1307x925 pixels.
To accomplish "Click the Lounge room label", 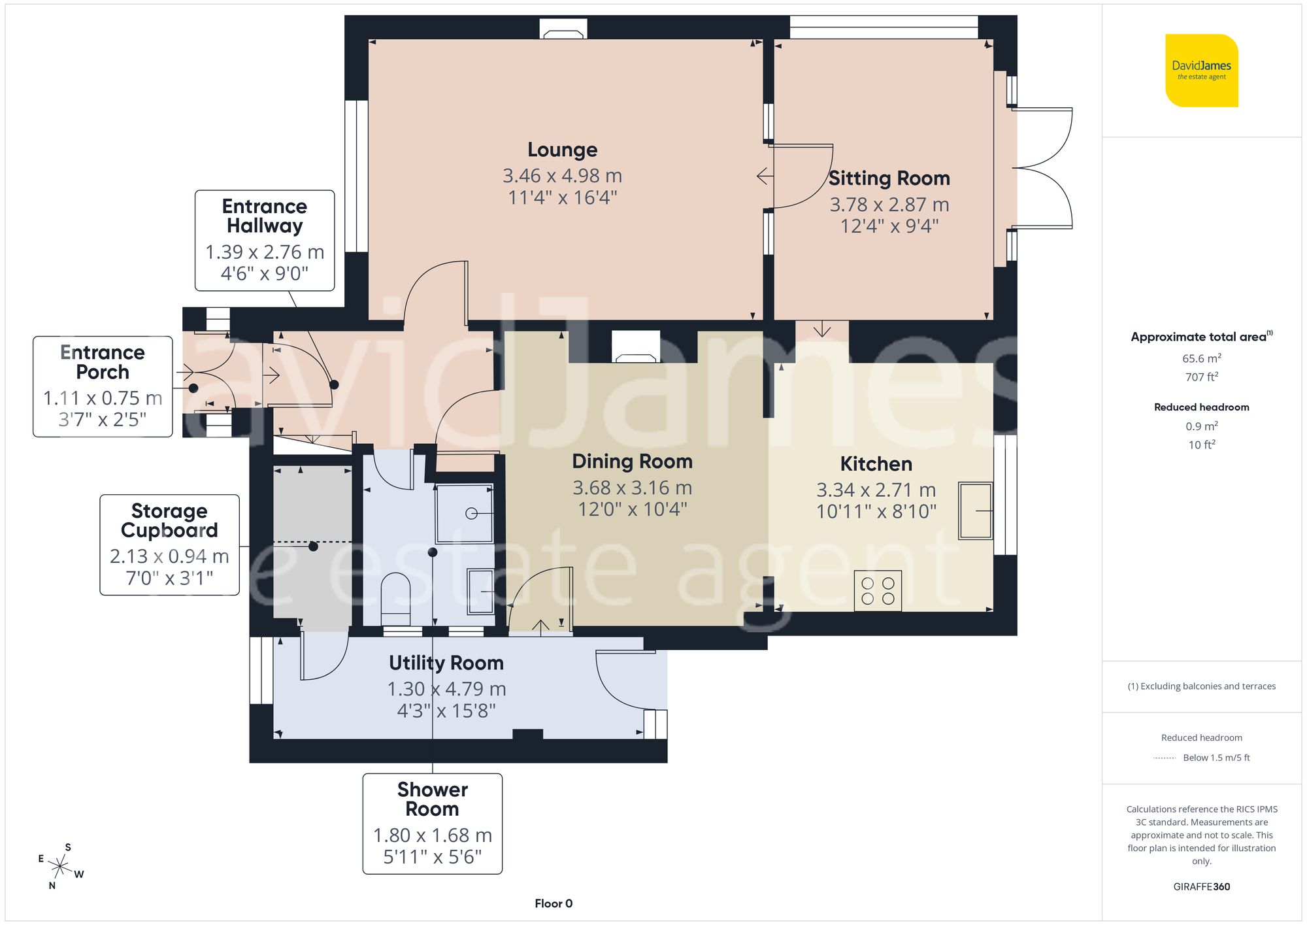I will [x=562, y=150].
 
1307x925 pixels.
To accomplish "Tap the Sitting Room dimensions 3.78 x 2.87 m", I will [x=889, y=205].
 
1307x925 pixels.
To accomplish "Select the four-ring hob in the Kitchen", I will [x=878, y=591].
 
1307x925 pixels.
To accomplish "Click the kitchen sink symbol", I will [x=975, y=511].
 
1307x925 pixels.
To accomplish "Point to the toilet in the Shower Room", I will [x=395, y=598].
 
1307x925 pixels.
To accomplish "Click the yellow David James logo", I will [x=1201, y=71].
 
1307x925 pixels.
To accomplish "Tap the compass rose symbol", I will [x=60, y=867].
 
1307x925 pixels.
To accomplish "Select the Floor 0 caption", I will [x=553, y=903].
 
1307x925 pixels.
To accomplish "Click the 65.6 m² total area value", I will [x=1201, y=358].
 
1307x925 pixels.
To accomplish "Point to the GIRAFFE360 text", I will [x=1201, y=886].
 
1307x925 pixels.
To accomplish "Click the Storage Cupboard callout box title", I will [x=169, y=520].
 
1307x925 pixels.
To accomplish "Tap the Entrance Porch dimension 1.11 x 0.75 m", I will [x=103, y=398].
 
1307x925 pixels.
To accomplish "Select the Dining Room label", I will [x=632, y=462].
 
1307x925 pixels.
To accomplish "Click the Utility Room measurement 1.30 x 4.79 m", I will [x=446, y=689].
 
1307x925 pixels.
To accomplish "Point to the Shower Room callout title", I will [x=432, y=799].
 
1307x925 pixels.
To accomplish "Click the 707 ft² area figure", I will [x=1201, y=377].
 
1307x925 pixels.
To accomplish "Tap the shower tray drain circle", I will [x=471, y=514].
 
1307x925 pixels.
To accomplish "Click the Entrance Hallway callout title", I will [x=265, y=216].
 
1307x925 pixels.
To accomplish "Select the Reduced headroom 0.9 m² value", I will [x=1201, y=426].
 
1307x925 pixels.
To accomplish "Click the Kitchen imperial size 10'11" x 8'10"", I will [x=876, y=511].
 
